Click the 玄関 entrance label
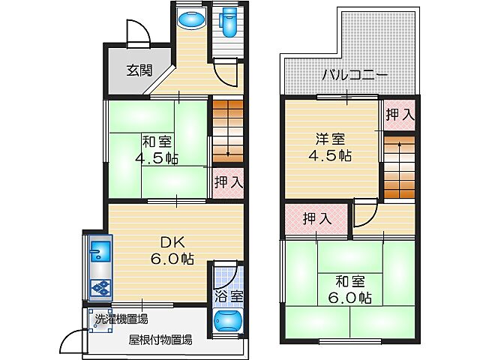[x=139, y=71]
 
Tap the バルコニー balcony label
[x=355, y=75]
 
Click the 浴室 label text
[x=228, y=296]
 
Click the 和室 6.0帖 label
[x=350, y=289]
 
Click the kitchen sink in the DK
[x=100, y=249]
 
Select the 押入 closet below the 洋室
[x=317, y=219]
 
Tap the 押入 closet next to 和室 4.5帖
[x=227, y=182]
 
